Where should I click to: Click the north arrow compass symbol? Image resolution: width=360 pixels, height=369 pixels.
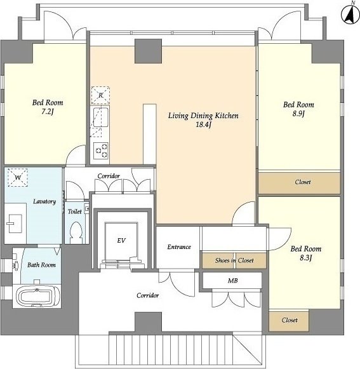click(x=350, y=14)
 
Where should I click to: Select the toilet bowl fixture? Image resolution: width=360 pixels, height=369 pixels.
click(x=76, y=233)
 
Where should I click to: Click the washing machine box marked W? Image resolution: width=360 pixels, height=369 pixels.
click(x=18, y=178)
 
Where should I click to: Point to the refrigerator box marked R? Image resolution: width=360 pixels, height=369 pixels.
click(x=100, y=95)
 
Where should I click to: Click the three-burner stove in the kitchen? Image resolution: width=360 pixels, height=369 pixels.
click(x=101, y=151)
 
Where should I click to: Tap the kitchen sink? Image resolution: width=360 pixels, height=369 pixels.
click(x=101, y=117)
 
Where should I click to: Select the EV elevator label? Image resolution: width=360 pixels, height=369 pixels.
click(x=121, y=241)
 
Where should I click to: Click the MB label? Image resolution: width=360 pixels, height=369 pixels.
click(x=233, y=281)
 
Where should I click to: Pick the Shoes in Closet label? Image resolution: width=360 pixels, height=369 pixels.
click(x=234, y=260)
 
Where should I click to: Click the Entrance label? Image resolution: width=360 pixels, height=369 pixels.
click(x=179, y=247)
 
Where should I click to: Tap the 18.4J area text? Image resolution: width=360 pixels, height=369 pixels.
click(x=203, y=124)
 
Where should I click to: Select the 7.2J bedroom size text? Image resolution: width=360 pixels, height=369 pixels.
click(x=48, y=112)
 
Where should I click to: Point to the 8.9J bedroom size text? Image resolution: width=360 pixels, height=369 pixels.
click(x=298, y=114)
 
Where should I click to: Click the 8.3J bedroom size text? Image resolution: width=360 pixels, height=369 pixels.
click(x=306, y=258)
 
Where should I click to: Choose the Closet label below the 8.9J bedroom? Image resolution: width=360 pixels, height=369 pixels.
click(x=303, y=182)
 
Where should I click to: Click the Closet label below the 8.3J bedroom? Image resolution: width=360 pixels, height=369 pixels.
click(x=290, y=320)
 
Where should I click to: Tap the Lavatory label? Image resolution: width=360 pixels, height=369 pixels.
click(x=44, y=201)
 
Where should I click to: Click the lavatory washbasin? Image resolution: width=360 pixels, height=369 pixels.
click(x=15, y=224)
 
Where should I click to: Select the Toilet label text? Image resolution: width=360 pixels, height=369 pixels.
click(x=75, y=211)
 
